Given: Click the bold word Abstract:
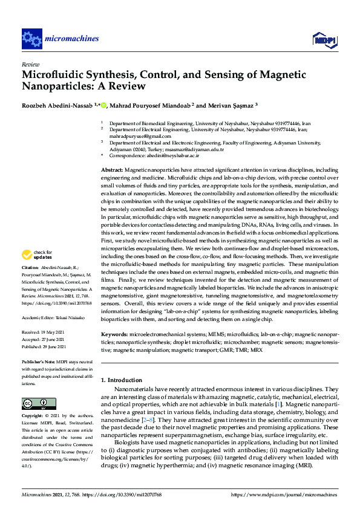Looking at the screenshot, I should [112, 171].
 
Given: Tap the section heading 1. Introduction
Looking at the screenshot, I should [122, 380].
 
